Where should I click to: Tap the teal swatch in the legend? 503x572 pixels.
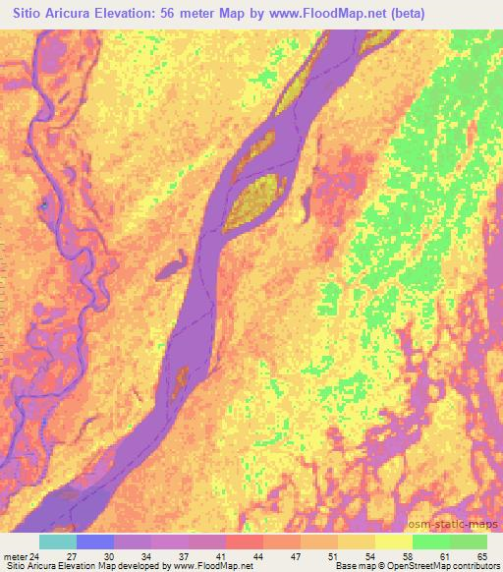(x=58, y=542)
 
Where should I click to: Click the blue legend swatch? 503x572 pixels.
(x=95, y=542)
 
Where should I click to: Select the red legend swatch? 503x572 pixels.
(x=244, y=542)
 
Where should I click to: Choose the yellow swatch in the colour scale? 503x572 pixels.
(x=393, y=542)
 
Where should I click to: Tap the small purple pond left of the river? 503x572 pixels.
(x=173, y=262)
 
